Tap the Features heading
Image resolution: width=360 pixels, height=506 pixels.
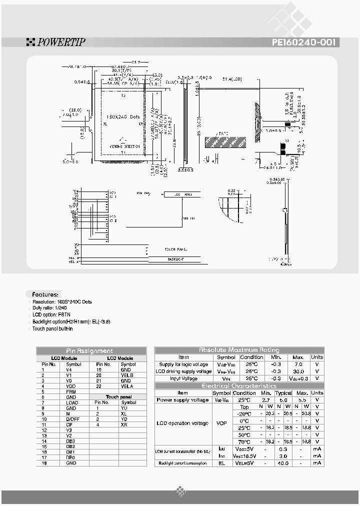click(45, 294)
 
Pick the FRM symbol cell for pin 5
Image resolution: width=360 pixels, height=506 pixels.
click(70, 391)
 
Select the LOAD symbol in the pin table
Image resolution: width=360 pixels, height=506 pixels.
click(72, 402)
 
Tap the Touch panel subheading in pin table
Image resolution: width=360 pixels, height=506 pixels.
click(119, 396)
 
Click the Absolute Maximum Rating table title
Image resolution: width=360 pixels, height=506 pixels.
click(239, 350)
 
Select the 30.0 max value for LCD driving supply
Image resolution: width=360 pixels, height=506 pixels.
click(298, 371)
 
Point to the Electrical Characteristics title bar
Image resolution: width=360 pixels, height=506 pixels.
click(239, 385)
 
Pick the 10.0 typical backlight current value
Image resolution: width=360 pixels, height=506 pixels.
click(283, 463)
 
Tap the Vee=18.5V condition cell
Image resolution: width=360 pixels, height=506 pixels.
click(251, 456)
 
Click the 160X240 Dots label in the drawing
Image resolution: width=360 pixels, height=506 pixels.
click(121, 116)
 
